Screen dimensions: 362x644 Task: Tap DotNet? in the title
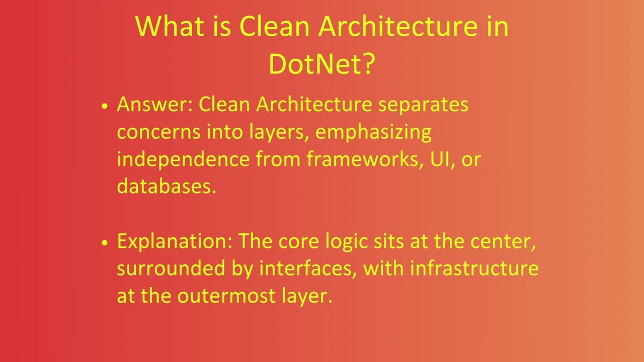[322, 64]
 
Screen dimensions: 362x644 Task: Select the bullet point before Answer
[105, 106]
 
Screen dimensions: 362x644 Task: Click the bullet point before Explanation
[105, 242]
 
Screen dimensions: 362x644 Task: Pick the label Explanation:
[174, 242]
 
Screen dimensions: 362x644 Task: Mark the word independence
[183, 159]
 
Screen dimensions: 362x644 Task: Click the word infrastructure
[474, 268]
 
